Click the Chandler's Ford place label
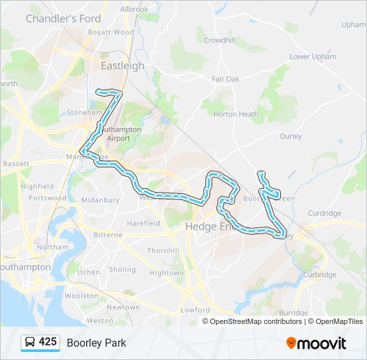click(63, 19)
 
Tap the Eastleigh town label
click(122, 66)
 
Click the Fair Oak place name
click(226, 79)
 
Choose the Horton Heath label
click(236, 114)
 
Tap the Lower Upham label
click(313, 57)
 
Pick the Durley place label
click(291, 137)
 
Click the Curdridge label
click(325, 213)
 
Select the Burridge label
click(294, 313)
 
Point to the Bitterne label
click(107, 235)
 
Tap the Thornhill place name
click(163, 251)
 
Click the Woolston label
click(81, 295)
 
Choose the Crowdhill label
click(220, 40)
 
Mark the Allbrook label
click(134, 9)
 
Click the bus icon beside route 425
click(31, 343)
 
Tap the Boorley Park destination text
click(96, 343)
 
